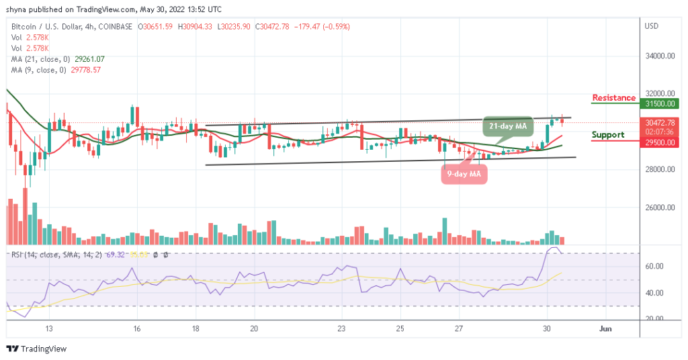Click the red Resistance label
click(x=613, y=98)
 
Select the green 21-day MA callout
click(x=508, y=126)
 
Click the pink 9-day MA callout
click(x=464, y=175)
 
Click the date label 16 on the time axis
click(x=136, y=329)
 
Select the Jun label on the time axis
click(x=605, y=329)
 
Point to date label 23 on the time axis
click(x=342, y=329)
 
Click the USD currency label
click(x=651, y=26)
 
